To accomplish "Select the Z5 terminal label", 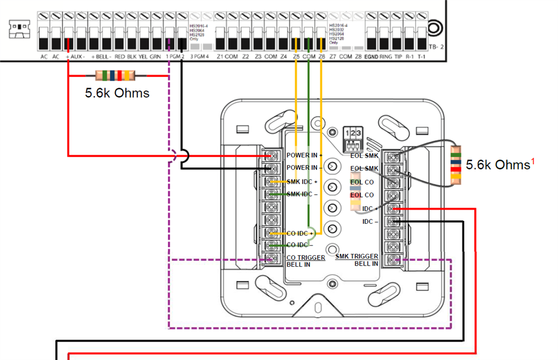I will click(x=296, y=57).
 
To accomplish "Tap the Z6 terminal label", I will click(x=322, y=57).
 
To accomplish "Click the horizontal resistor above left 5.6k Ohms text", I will click(x=116, y=75).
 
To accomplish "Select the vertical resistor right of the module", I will click(x=456, y=165).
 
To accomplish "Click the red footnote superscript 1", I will click(x=532, y=162).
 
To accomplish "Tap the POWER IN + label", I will click(x=305, y=155).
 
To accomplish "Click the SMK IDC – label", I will click(x=302, y=194).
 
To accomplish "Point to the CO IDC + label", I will click(x=299, y=233).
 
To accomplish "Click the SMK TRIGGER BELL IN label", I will click(x=357, y=260).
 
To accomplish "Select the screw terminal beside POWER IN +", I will click(x=272, y=155).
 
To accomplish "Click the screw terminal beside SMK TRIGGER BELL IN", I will click(x=395, y=260).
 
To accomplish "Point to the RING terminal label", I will click(x=385, y=57).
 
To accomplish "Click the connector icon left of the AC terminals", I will click(x=19, y=30).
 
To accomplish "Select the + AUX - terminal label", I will click(x=75, y=57).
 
